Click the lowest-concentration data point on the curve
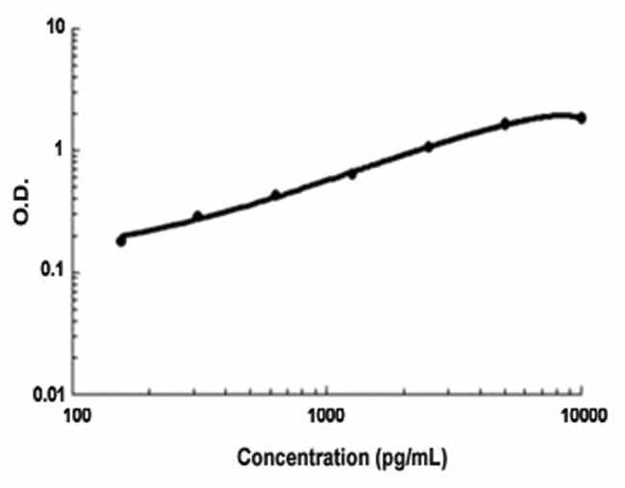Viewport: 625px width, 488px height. tap(121, 240)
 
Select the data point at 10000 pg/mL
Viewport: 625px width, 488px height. tap(581, 117)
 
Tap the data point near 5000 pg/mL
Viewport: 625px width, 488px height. tap(505, 124)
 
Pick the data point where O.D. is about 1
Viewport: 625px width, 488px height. tap(429, 147)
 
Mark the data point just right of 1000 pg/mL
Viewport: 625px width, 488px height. tap(352, 174)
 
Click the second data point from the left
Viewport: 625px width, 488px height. tap(198, 216)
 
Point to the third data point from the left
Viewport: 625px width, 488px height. tap(275, 195)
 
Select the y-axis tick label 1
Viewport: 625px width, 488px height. tap(61, 150)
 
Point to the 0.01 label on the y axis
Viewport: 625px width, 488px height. tap(49, 394)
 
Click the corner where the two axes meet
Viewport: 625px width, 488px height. tap(77, 394)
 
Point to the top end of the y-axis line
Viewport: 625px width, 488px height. tap(77, 28)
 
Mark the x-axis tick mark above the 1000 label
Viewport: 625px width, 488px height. tap(328, 390)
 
